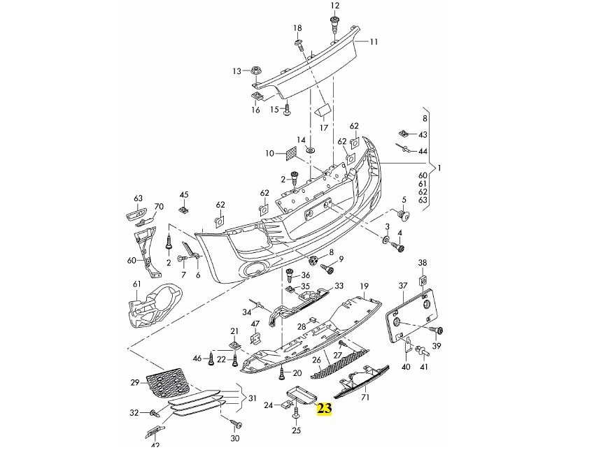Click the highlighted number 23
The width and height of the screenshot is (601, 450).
[325, 409]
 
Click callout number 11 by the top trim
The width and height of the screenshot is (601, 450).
[374, 42]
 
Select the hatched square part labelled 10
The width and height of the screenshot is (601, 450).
[289, 153]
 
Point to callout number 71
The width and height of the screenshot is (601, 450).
[365, 398]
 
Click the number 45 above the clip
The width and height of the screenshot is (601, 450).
[184, 194]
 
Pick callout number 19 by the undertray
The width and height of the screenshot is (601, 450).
[364, 286]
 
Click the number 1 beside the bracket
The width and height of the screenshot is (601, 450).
[440, 168]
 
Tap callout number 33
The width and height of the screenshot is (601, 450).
[339, 286]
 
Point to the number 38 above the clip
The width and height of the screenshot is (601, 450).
[422, 262]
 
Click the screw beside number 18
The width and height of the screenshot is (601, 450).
[298, 45]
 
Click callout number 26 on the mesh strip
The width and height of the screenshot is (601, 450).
[316, 361]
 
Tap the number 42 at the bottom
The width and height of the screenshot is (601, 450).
[155, 445]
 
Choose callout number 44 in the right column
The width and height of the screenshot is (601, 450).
[423, 151]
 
